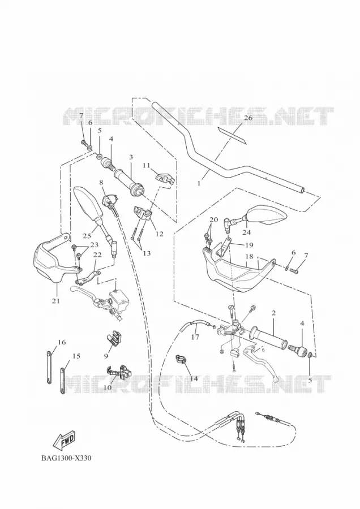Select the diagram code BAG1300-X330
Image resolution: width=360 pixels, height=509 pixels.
(x=66, y=458)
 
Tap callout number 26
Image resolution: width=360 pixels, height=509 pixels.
(x=248, y=118)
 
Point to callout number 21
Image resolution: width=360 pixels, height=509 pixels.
(x=56, y=301)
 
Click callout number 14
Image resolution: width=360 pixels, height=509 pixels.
(x=194, y=378)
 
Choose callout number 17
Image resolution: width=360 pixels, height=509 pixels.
(x=195, y=337)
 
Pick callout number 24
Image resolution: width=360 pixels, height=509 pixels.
(x=247, y=232)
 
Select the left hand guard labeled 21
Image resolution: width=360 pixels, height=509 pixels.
(x=49, y=260)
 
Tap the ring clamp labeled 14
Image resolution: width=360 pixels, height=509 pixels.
(x=181, y=359)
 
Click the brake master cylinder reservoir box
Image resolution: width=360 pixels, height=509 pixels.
(x=120, y=297)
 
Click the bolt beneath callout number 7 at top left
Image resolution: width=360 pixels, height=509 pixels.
(x=83, y=142)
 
